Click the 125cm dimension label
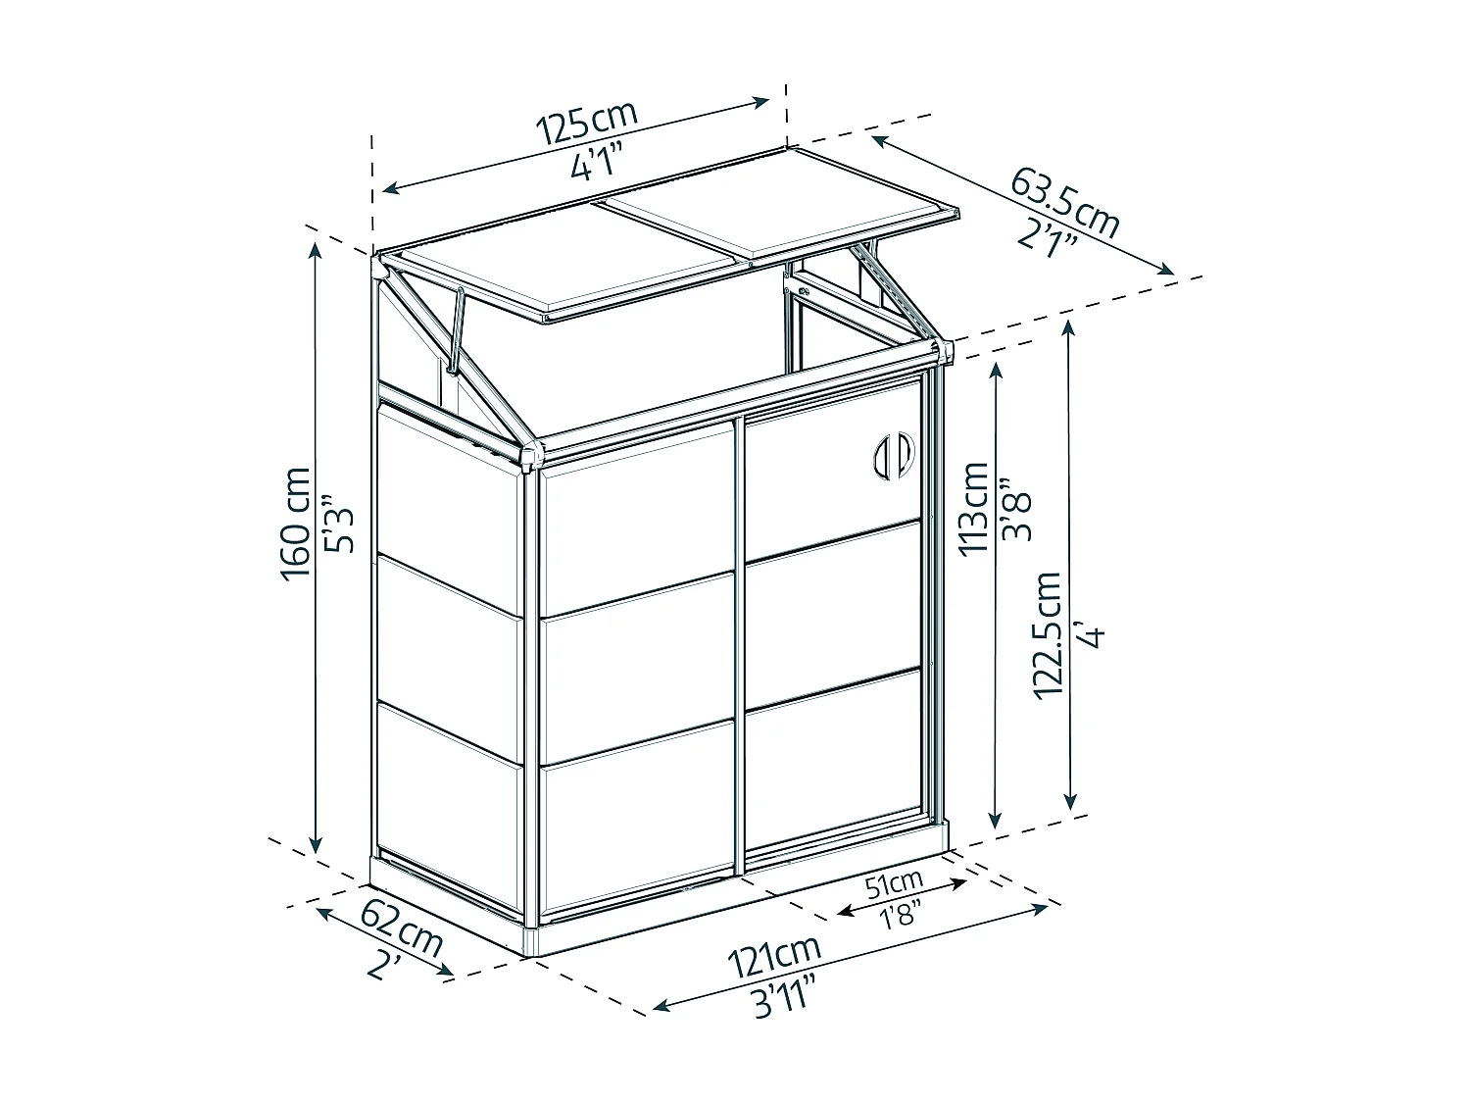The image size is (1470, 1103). [587, 123]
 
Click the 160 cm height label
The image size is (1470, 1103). [295, 524]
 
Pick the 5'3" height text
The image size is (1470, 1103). [338, 523]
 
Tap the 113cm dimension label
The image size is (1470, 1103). [973, 508]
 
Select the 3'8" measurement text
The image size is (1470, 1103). [1015, 508]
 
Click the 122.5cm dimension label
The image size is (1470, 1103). [1048, 636]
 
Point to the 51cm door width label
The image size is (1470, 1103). [895, 884]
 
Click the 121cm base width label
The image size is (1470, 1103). [774, 956]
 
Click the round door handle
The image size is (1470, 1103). [894, 455]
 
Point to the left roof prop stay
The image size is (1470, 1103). [456, 328]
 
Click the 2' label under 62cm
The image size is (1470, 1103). [384, 968]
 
